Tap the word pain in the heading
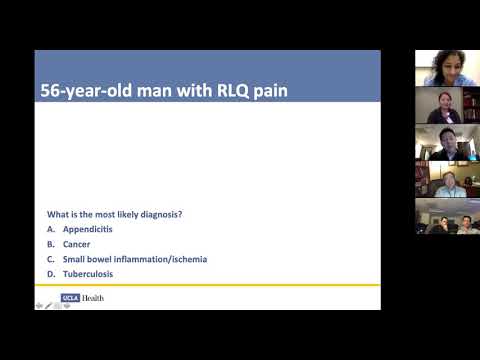pos(267,91)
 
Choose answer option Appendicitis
pos(87,229)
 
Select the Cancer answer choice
pos(76,244)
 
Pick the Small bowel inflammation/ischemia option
pos(135,259)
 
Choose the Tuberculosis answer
pos(87,274)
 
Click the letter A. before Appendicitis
pos(50,229)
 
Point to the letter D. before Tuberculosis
pos(50,274)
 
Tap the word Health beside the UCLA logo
pos(91,298)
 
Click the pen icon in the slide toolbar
pos(48,305)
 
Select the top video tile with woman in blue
pos(447,68)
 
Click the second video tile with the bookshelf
pos(447,105)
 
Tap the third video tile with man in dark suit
pos(447,142)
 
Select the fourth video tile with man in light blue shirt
pos(447,179)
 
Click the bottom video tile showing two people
pos(447,216)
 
